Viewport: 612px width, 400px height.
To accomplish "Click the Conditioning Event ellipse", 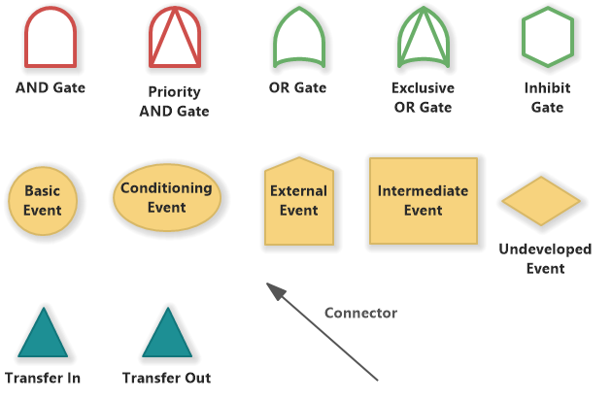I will click(x=167, y=197).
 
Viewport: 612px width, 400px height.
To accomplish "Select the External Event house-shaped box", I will click(x=298, y=201).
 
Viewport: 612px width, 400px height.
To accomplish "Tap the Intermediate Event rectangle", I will click(x=423, y=200).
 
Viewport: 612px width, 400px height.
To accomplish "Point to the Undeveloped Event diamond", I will click(x=541, y=201).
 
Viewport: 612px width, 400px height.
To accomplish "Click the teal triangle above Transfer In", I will click(x=42, y=334).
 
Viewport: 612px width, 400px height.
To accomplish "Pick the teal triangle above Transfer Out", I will click(x=167, y=334).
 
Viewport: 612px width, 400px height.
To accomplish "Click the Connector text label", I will click(x=360, y=313).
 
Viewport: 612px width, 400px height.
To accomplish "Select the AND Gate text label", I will click(x=51, y=87).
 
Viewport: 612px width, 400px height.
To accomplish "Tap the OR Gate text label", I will click(x=297, y=87).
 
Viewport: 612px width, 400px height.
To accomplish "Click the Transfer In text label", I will click(x=42, y=378).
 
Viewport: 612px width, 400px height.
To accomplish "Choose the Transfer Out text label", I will click(x=166, y=378).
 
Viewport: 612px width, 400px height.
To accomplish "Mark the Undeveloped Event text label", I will click(x=545, y=258).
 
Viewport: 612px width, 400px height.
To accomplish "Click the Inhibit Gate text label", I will click(x=547, y=97).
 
